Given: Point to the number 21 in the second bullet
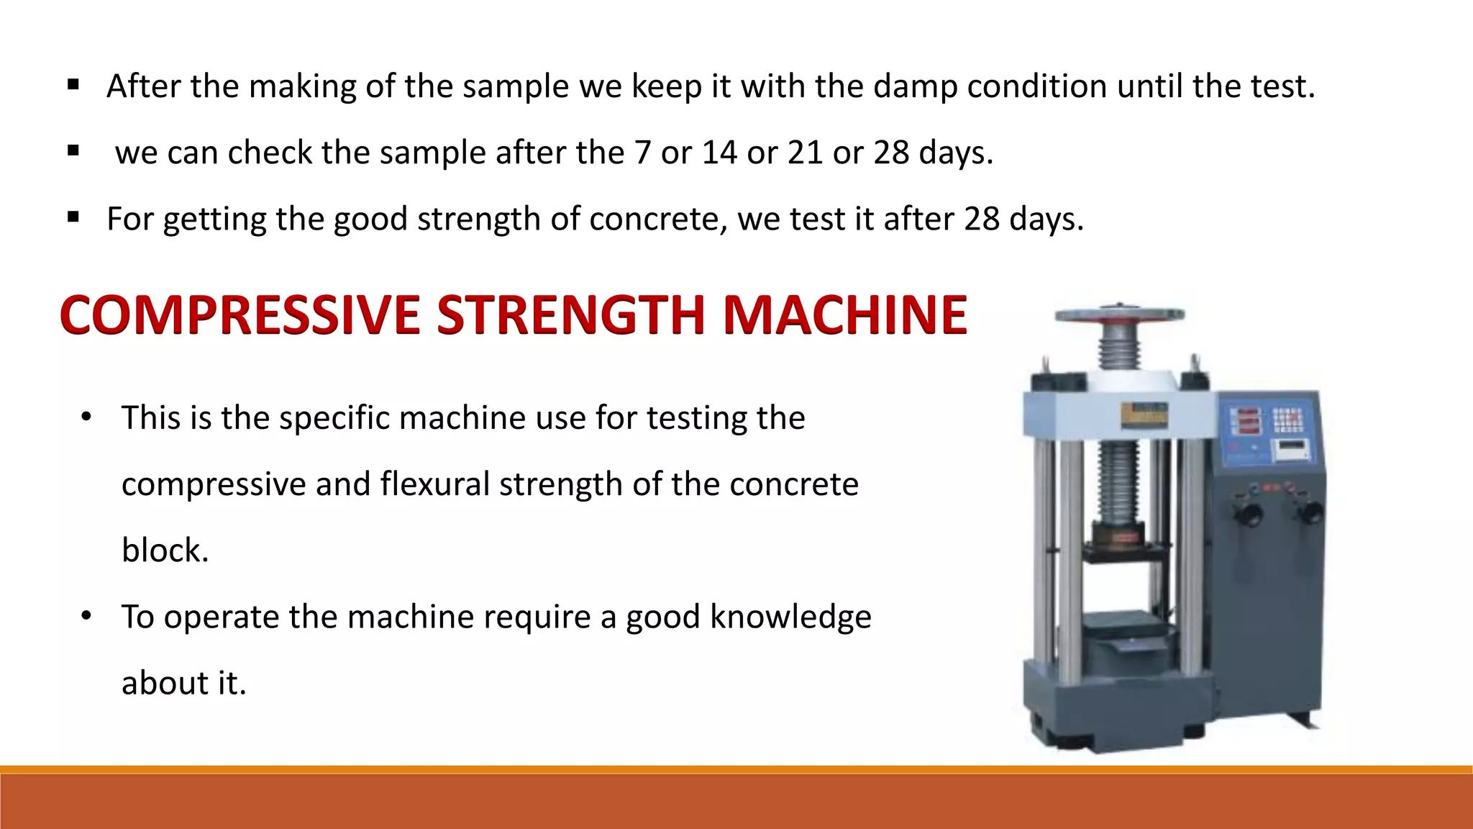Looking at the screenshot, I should point(805,153).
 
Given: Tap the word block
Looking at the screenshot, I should point(165,551).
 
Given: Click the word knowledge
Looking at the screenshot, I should point(790,617).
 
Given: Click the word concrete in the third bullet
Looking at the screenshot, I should point(654,219).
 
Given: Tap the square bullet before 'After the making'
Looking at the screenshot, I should point(73,86).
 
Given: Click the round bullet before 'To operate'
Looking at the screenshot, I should point(86,616).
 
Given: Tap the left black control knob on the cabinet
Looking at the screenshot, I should point(1249,514).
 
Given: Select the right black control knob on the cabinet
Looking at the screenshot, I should point(1311,512).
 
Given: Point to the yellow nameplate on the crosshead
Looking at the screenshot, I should point(1144,413).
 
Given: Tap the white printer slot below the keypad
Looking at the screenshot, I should point(1290,450).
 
